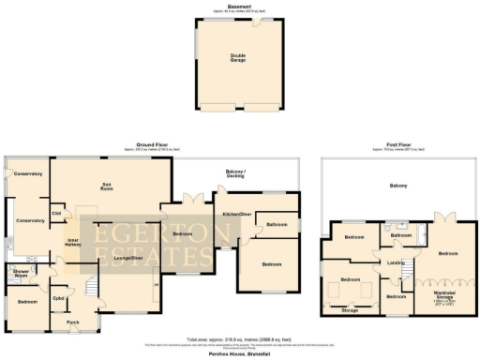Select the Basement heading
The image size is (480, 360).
(x=239, y=7)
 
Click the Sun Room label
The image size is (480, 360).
(x=108, y=185)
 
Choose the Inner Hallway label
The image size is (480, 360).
(x=71, y=243)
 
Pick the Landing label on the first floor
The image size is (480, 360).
(x=396, y=262)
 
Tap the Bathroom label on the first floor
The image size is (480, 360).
(x=401, y=234)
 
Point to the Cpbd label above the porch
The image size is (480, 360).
(x=58, y=298)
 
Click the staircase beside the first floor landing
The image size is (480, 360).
(x=408, y=271)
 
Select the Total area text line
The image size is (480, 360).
(x=239, y=340)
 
